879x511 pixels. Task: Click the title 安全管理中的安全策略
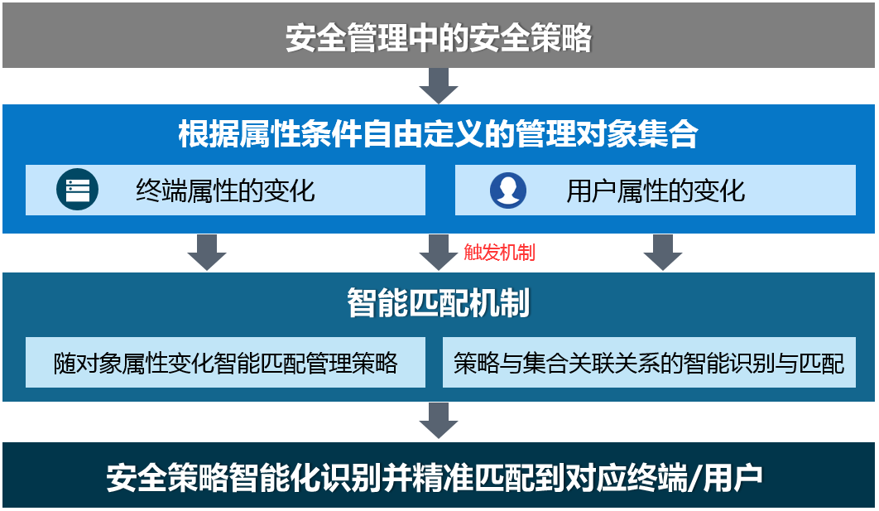click(x=439, y=37)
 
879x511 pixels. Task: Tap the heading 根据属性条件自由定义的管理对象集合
click(x=439, y=134)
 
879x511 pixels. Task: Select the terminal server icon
click(x=77, y=190)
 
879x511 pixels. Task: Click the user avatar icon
click(x=508, y=190)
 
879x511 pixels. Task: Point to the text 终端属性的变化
click(x=225, y=190)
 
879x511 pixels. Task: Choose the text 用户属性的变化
click(x=656, y=190)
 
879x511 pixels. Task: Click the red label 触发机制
click(x=499, y=253)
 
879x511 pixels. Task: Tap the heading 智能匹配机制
click(x=439, y=303)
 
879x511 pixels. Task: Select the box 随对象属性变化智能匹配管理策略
click(x=225, y=363)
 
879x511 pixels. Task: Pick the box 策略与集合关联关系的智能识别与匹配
click(x=649, y=363)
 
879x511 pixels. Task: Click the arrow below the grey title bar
click(x=439, y=86)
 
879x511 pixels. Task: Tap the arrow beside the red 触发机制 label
click(x=439, y=253)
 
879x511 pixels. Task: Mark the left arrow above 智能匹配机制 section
click(x=207, y=253)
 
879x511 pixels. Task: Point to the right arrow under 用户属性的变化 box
click(x=663, y=253)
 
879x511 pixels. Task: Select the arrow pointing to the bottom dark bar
click(x=439, y=421)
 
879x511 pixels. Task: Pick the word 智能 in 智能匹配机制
click(x=377, y=303)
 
